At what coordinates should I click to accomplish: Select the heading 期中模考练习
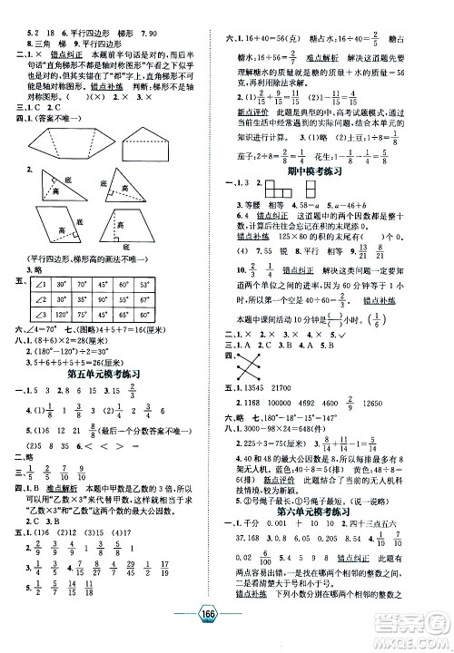[335, 169]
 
